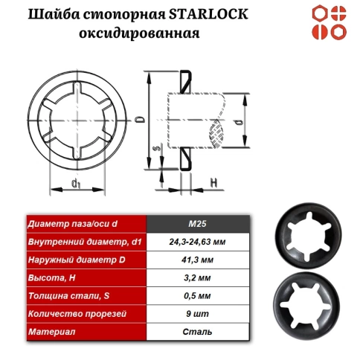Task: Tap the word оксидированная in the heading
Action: [x=149, y=33]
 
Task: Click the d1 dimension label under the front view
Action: [x=76, y=182]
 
